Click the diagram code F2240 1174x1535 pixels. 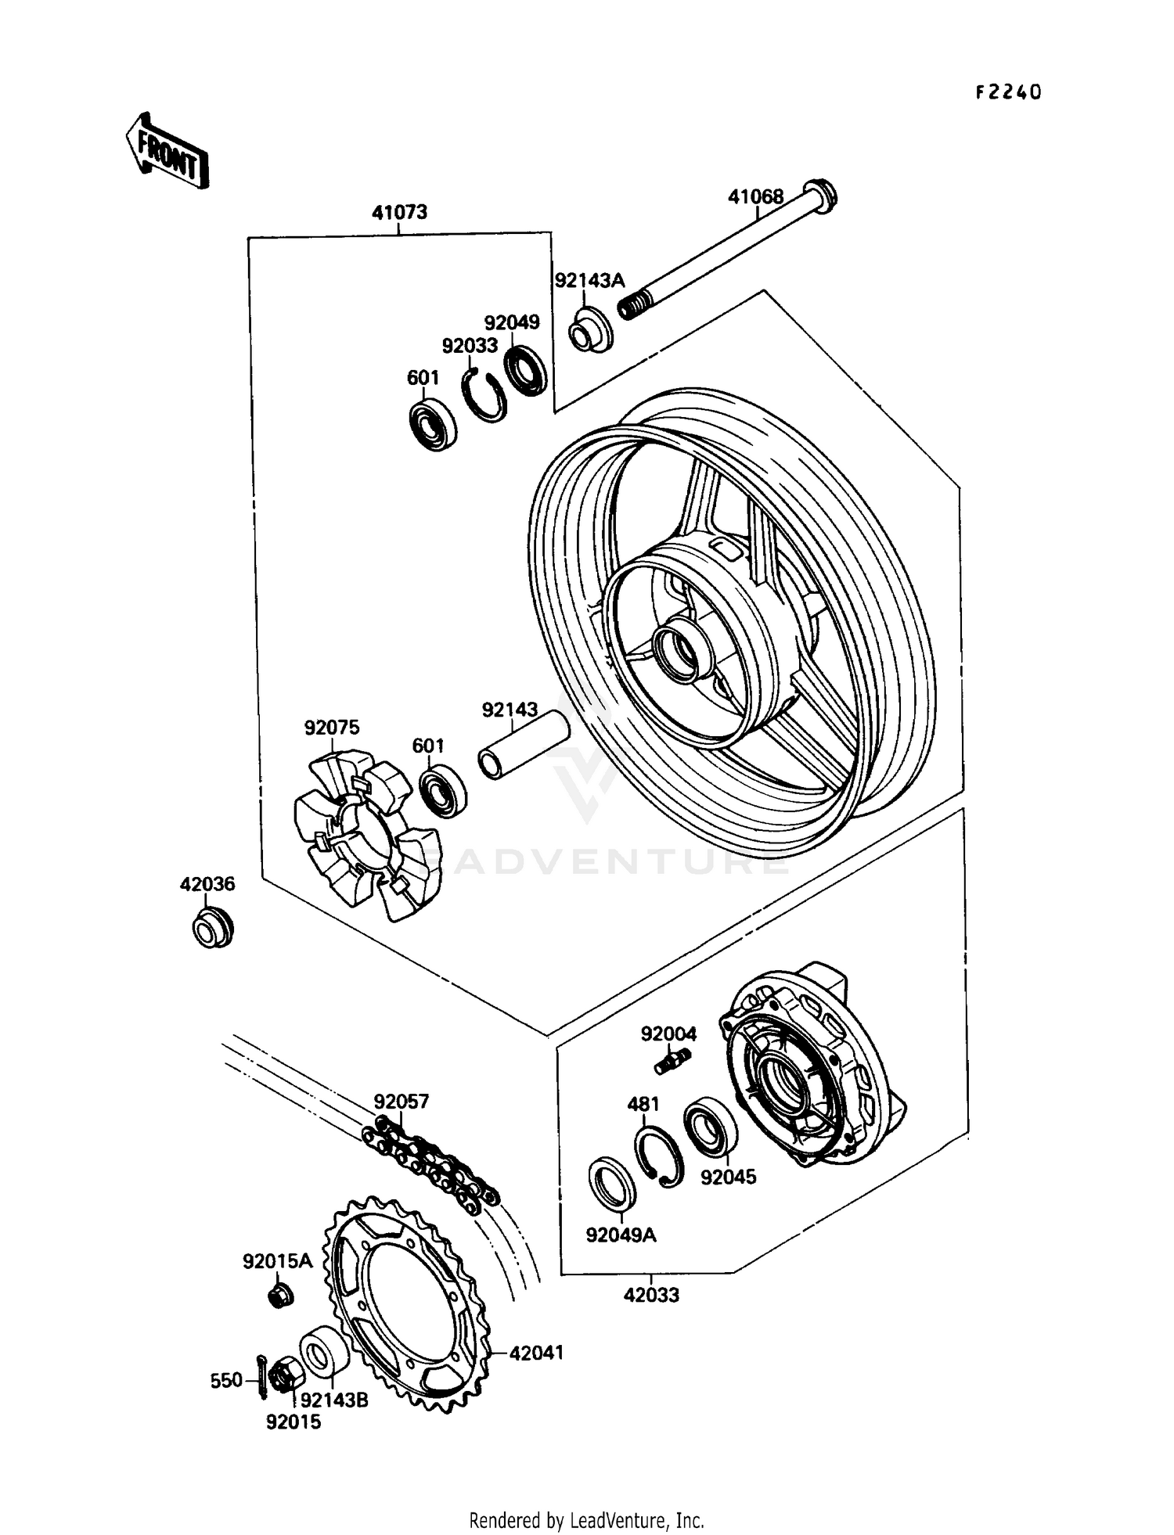(1008, 92)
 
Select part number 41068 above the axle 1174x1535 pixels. (755, 196)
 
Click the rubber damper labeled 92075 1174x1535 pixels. (366, 835)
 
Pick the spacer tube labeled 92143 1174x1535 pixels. (523, 744)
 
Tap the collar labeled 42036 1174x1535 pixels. (212, 928)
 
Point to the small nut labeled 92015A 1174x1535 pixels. (280, 1296)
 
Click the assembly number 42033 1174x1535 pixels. (651, 1295)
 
